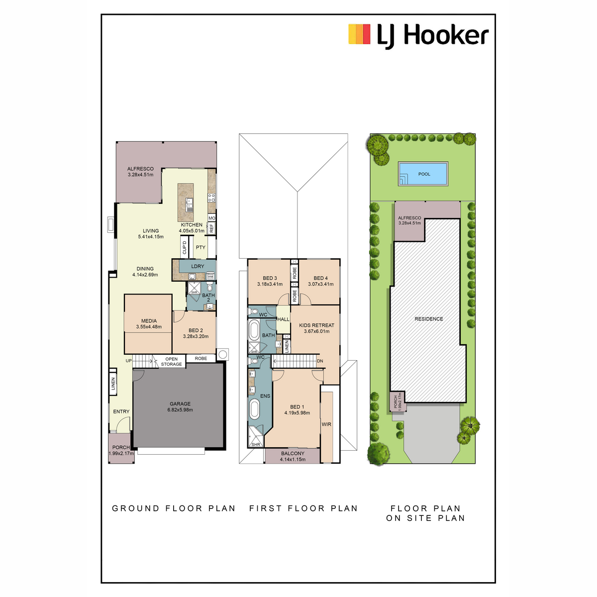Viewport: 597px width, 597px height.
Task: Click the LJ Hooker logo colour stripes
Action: pos(359,34)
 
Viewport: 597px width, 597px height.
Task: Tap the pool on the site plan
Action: pos(423,174)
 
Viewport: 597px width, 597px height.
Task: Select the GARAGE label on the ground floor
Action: pos(180,403)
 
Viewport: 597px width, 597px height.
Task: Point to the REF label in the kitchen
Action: pos(211,228)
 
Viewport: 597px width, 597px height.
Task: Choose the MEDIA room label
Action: pos(149,321)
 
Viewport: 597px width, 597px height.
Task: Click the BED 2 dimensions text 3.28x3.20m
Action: pos(196,336)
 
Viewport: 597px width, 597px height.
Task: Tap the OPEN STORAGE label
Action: pos(171,362)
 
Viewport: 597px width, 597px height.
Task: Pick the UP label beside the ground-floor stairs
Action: pos(128,361)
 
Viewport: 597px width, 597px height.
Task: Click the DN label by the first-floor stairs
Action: pos(320,361)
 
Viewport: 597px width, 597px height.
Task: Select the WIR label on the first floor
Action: pos(326,424)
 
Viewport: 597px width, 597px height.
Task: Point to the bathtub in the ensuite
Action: pos(254,409)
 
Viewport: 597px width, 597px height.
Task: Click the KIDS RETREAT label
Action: pos(316,325)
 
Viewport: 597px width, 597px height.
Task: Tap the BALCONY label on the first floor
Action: pos(293,453)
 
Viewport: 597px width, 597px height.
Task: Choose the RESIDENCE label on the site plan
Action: pos(428,319)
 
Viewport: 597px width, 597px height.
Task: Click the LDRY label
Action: pos(198,266)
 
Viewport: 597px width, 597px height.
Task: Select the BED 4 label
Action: pos(320,278)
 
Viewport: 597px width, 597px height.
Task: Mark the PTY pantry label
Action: pos(200,247)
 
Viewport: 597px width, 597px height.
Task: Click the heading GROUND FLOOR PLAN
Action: pos(174,508)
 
